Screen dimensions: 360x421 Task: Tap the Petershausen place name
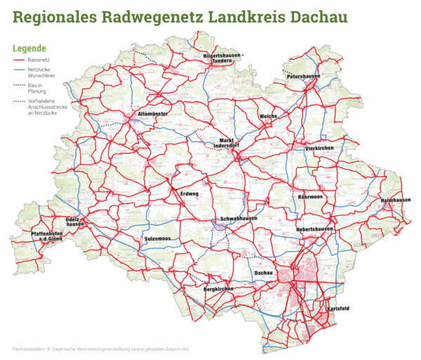[303, 76]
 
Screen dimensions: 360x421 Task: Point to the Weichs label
[269, 116]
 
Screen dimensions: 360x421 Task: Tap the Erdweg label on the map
[189, 194]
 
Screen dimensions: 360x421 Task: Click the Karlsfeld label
[339, 309]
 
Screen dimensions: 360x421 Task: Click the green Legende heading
[29, 48]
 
